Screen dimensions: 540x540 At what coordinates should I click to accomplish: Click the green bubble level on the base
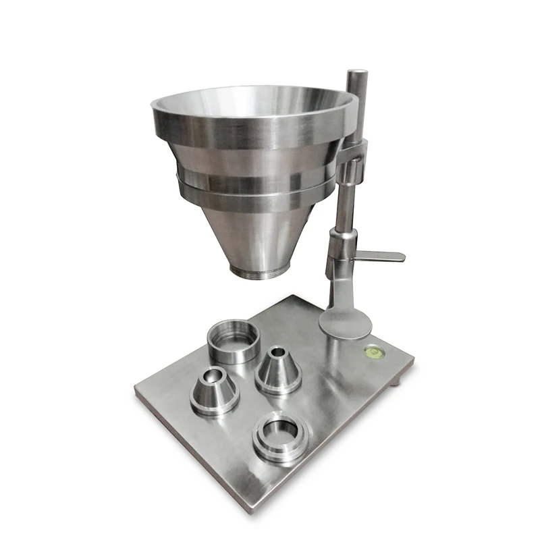coord(371,350)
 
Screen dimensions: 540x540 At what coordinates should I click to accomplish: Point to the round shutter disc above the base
coord(345,323)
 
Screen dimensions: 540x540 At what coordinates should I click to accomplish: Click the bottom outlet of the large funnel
coord(256,271)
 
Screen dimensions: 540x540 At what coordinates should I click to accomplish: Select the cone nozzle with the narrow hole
coord(277,371)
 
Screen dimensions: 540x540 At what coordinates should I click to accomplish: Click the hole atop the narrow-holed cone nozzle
coord(277,353)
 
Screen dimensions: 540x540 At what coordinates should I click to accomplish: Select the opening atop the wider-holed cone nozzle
coord(214,373)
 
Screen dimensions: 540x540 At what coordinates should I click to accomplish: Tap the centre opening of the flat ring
coord(280,429)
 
